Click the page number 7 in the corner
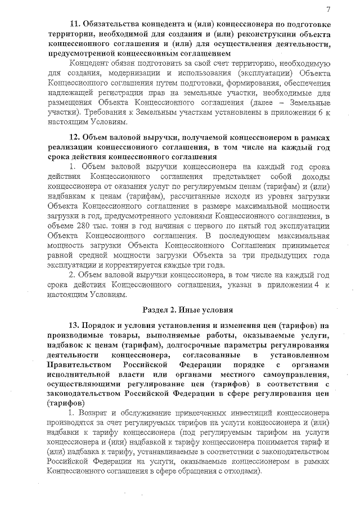coord(327,8)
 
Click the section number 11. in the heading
coord(75,24)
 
